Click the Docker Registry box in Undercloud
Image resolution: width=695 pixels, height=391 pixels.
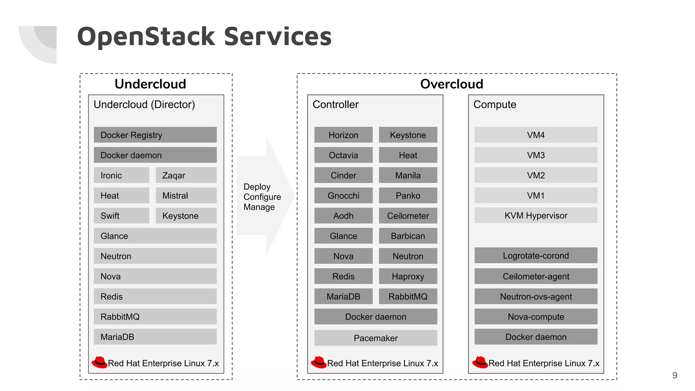(x=155, y=135)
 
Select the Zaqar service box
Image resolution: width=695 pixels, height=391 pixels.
(x=186, y=175)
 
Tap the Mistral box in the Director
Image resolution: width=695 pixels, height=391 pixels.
(x=186, y=195)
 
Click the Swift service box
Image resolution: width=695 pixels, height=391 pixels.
(x=121, y=216)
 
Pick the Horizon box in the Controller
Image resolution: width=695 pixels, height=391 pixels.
(x=343, y=135)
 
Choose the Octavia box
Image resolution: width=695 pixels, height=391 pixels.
(x=343, y=155)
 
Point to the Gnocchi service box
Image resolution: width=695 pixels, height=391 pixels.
(x=343, y=195)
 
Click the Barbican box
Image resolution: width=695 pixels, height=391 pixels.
(x=408, y=236)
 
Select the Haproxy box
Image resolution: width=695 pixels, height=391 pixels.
(x=408, y=276)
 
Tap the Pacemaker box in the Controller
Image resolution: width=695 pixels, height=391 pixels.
(x=375, y=338)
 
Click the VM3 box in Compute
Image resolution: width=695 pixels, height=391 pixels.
(x=536, y=155)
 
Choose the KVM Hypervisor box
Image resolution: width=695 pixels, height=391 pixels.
(x=536, y=216)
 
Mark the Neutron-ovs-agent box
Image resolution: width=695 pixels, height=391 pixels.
(x=536, y=297)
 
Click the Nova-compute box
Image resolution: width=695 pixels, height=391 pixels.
(x=536, y=317)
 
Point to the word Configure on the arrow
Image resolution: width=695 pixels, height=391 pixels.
(x=262, y=197)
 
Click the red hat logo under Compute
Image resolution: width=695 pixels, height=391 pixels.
(x=480, y=362)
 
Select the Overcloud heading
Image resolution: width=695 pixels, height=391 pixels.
(x=451, y=84)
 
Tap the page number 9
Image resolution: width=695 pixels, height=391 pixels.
(x=674, y=375)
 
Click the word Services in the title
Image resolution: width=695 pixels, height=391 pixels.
(x=277, y=37)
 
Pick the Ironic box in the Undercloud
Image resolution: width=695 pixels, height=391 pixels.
(x=121, y=175)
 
